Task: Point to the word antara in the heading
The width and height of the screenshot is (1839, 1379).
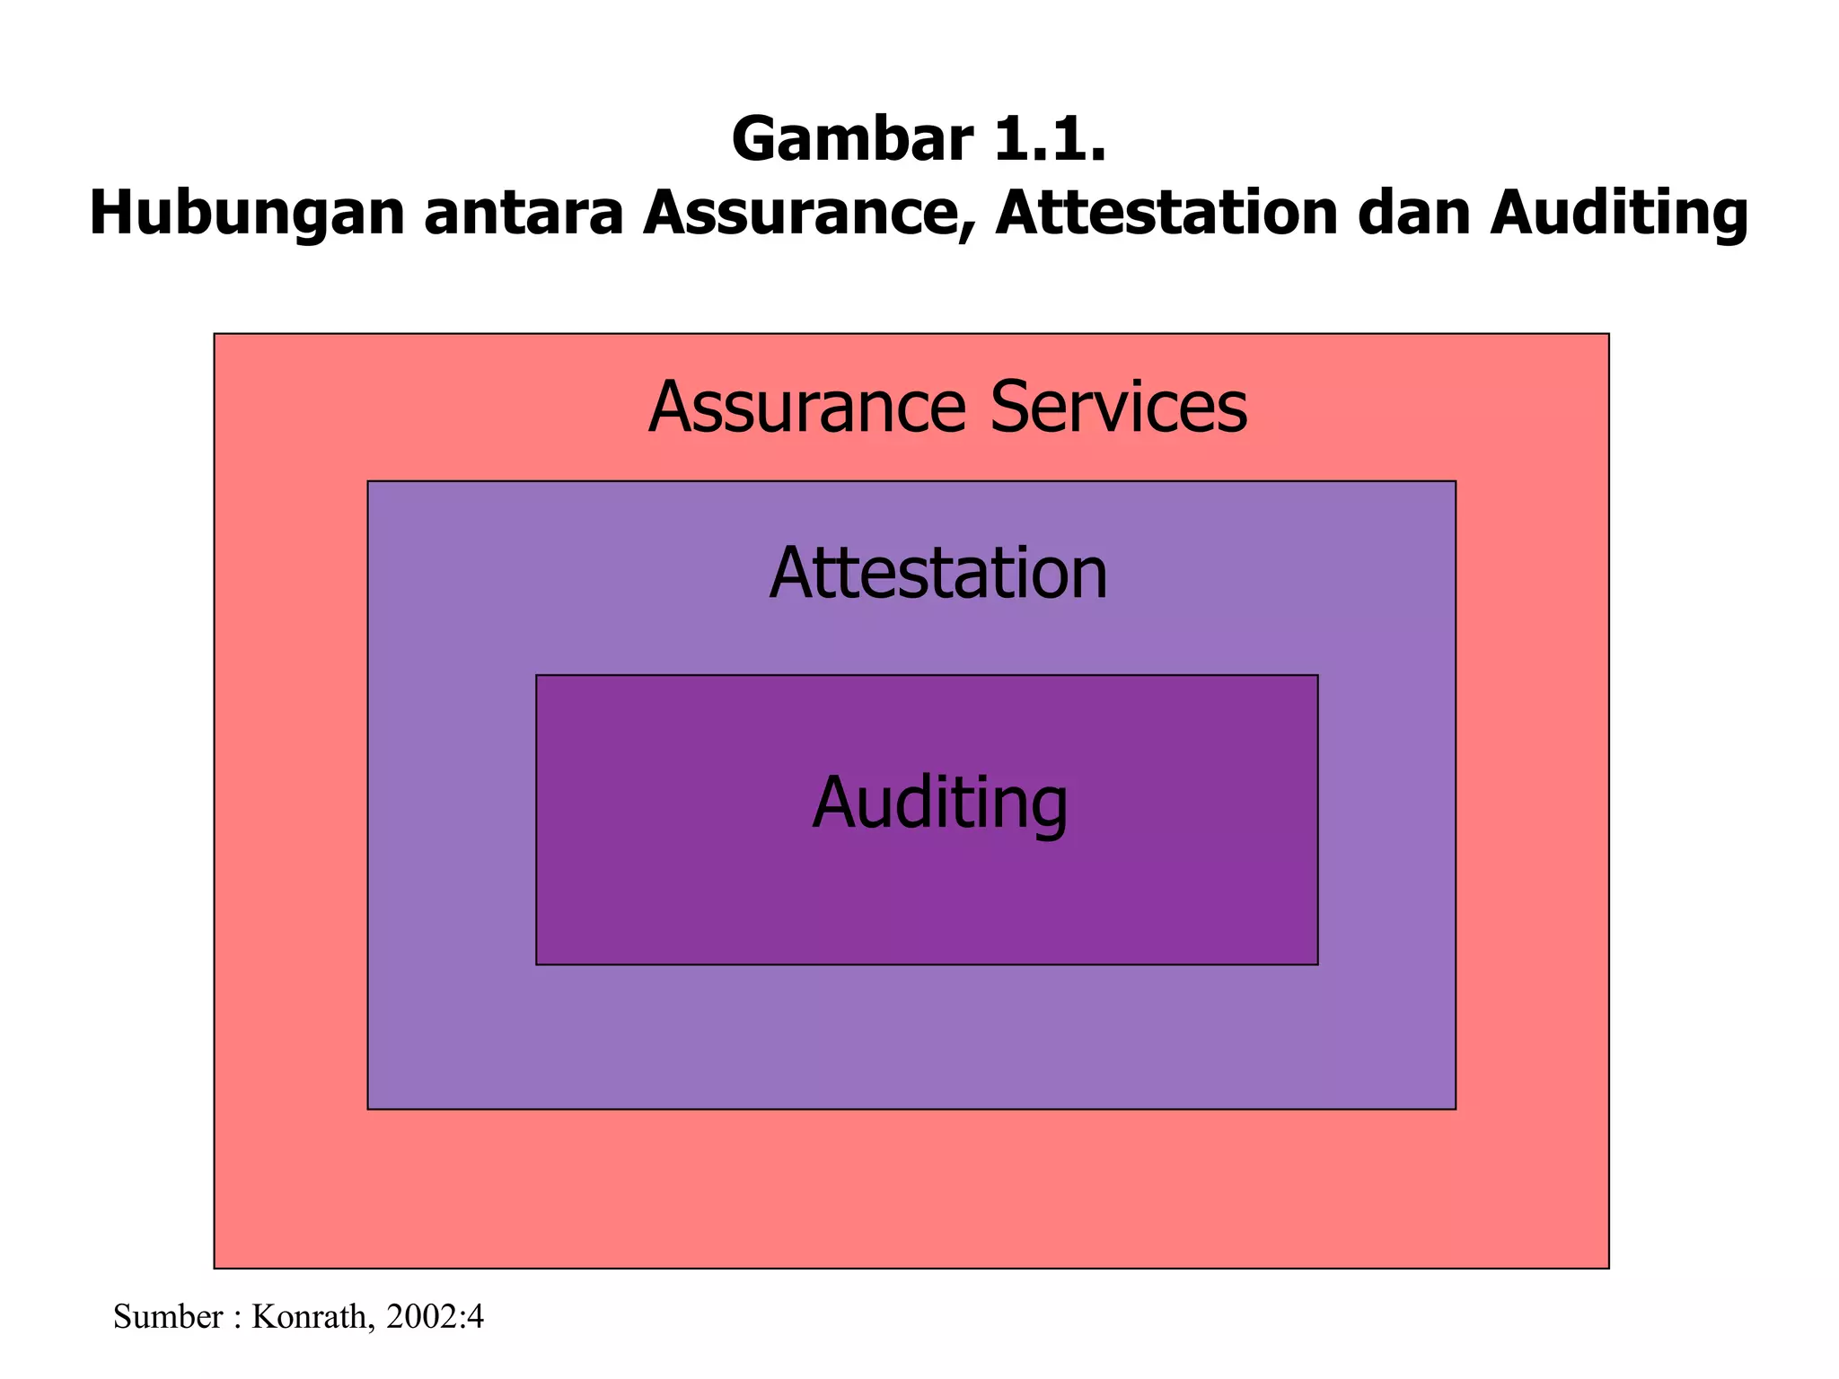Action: [x=524, y=214]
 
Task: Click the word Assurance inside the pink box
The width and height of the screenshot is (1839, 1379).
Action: [x=806, y=408]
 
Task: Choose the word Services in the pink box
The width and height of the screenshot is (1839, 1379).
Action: [x=1119, y=408]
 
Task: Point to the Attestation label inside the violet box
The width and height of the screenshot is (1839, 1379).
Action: [x=938, y=573]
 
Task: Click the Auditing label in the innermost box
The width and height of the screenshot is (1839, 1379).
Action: [x=940, y=802]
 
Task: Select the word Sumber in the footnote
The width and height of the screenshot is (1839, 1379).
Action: [x=168, y=1317]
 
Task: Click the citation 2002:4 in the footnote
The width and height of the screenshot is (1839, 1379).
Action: [x=435, y=1317]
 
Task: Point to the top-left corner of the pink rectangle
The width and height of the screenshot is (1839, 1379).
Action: [x=215, y=334]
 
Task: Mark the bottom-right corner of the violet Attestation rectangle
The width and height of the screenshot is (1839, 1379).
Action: [x=1455, y=1109]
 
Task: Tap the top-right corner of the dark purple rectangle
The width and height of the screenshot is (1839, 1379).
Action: [x=1317, y=675]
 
